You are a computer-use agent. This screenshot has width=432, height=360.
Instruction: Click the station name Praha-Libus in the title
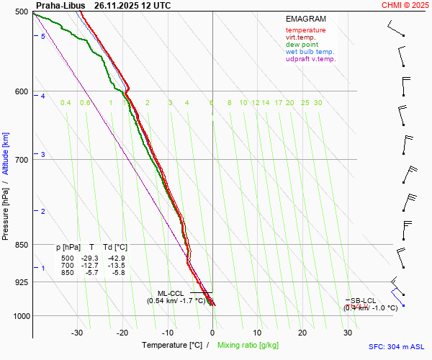pos(60,5)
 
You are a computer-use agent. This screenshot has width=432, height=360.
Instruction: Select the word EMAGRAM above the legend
pos(306,19)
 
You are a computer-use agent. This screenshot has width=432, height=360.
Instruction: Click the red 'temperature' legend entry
pos(305,30)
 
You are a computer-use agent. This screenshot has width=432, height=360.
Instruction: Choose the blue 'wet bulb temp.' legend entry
pos(310,52)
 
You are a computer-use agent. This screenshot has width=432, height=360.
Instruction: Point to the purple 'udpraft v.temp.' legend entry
pos(310,59)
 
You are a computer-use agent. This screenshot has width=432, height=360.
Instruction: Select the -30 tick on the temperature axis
pos(78,333)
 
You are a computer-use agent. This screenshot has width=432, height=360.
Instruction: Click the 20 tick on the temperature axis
pos(302,333)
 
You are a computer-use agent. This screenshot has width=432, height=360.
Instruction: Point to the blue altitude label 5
pos(43,36)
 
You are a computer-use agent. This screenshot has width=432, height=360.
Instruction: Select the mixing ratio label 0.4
pos(66,103)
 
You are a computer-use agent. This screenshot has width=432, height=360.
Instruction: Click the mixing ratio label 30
pos(318,103)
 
